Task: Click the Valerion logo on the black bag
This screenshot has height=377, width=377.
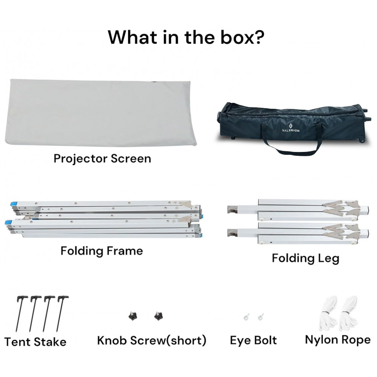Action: (x=290, y=128)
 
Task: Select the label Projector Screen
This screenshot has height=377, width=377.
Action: (x=102, y=158)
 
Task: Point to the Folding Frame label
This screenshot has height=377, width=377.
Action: (x=102, y=251)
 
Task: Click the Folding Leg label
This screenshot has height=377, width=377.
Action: (x=305, y=259)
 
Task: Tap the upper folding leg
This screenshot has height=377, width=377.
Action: (x=298, y=210)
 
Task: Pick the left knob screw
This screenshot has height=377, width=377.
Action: (x=132, y=316)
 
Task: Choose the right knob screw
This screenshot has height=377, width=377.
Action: (x=158, y=316)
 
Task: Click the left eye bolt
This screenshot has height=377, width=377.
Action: (x=246, y=317)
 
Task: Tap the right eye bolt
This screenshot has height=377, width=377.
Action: (x=261, y=317)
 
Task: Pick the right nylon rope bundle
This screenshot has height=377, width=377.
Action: (x=348, y=315)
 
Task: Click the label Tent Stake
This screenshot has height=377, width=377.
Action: (x=35, y=342)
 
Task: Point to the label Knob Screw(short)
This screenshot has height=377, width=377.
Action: (x=152, y=340)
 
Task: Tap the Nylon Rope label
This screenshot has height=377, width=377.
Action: (x=338, y=340)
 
